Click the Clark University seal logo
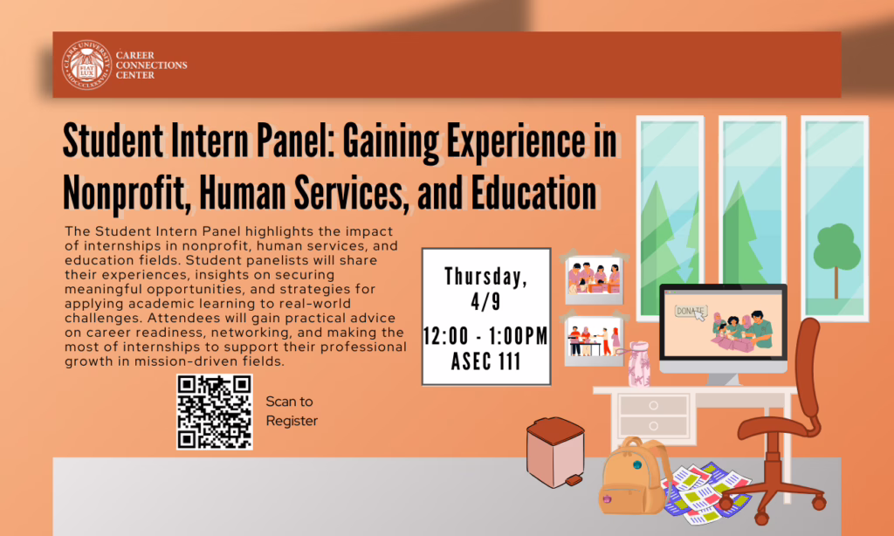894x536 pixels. (x=86, y=65)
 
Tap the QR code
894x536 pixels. (x=214, y=412)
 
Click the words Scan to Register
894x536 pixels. (x=292, y=411)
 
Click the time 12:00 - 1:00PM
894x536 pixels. (x=485, y=335)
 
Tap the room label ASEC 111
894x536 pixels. (x=485, y=361)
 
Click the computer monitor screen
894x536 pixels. (x=723, y=327)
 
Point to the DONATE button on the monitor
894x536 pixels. (x=690, y=310)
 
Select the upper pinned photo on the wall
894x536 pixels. (x=594, y=278)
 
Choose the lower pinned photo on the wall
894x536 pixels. (x=594, y=340)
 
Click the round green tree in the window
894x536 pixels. (x=836, y=249)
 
